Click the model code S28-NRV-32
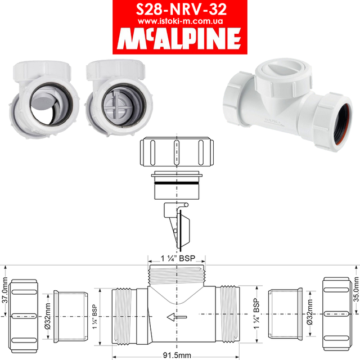pyautogui.click(x=181, y=9)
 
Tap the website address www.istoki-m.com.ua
pyautogui.click(x=180, y=21)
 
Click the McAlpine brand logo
pyautogui.click(x=179, y=38)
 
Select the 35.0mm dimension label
pyautogui.click(x=356, y=289)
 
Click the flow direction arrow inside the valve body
pyautogui.click(x=177, y=317)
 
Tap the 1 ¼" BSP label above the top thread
pyautogui.click(x=178, y=258)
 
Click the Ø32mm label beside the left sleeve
pyautogui.click(x=48, y=316)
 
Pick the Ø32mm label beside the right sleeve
pyautogui.click(x=310, y=312)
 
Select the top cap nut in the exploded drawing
pyautogui.click(x=177, y=151)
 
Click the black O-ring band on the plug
pyautogui.click(x=177, y=183)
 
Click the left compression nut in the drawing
pyautogui.click(x=23, y=316)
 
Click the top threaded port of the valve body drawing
pyautogui.click(x=177, y=276)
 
